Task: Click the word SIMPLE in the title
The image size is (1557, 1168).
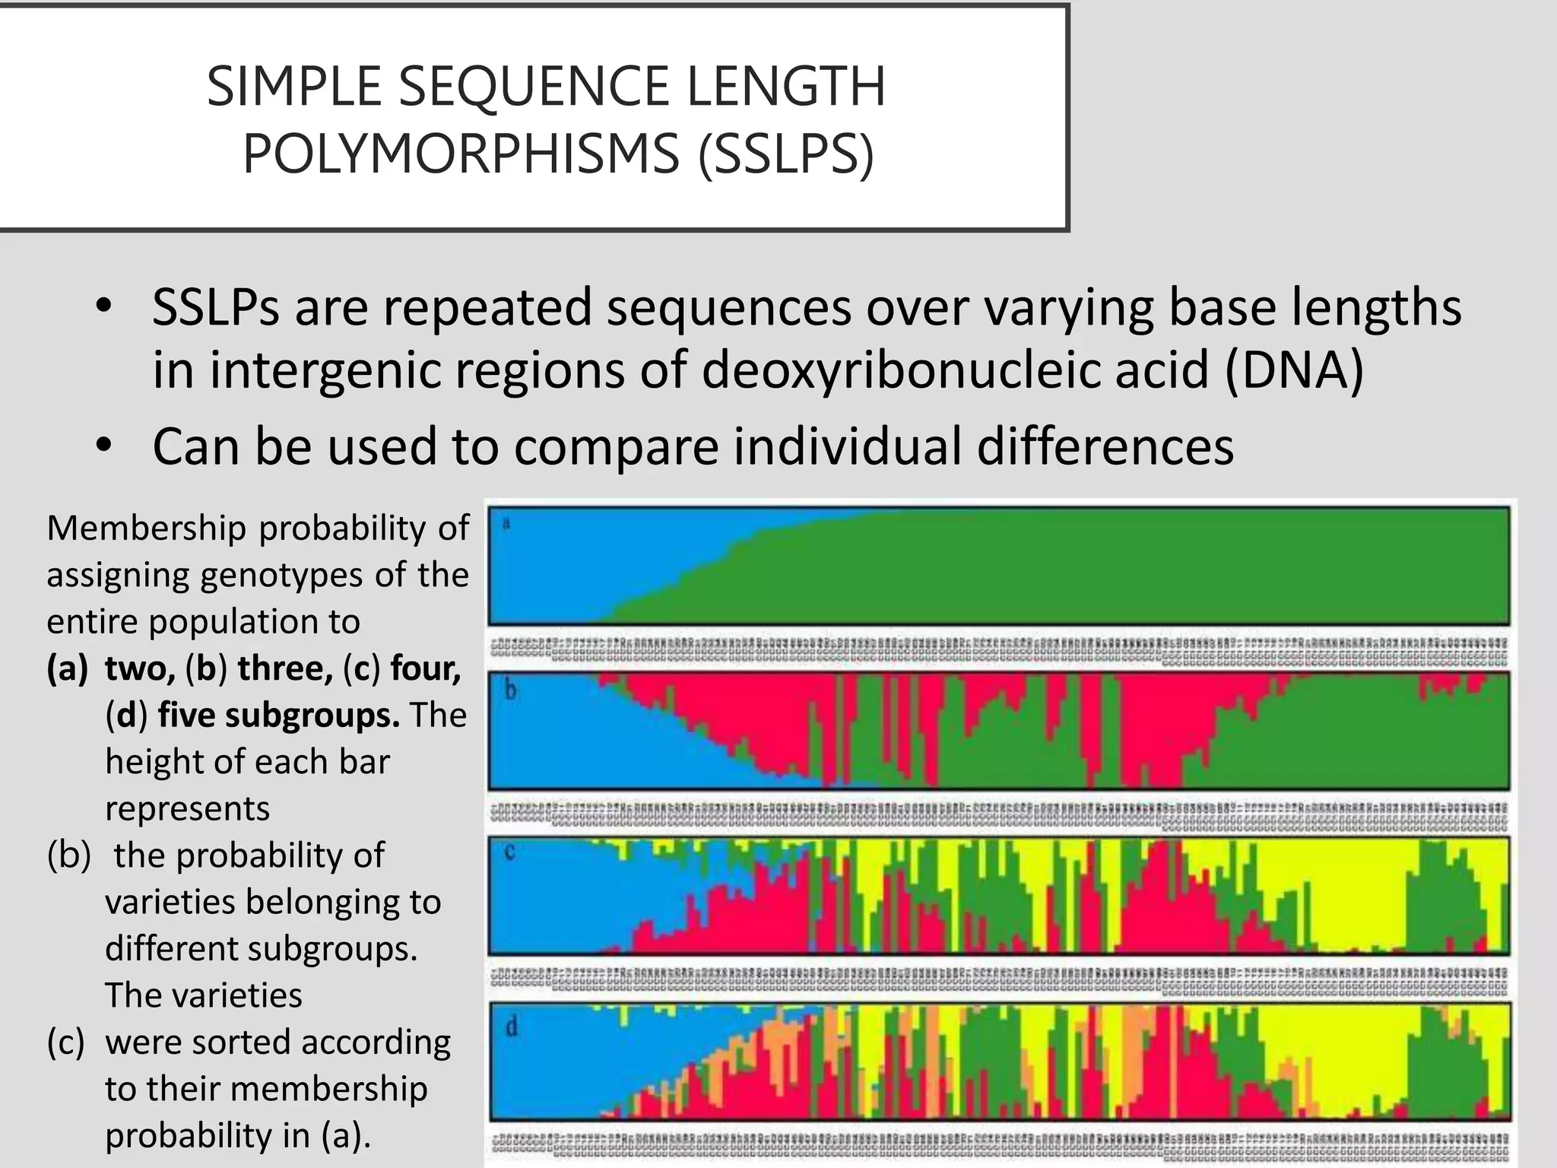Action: (294, 86)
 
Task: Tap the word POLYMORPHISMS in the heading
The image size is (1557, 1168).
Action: (461, 153)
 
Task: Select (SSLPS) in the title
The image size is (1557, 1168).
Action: (786, 153)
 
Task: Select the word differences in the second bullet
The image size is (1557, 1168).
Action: (1105, 446)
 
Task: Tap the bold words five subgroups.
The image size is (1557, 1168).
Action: (278, 715)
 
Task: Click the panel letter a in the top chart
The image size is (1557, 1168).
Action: (506, 523)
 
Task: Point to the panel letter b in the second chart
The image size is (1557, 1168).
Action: (511, 690)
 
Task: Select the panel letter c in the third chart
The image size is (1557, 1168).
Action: (509, 852)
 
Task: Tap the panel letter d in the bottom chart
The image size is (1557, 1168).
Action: (511, 1028)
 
